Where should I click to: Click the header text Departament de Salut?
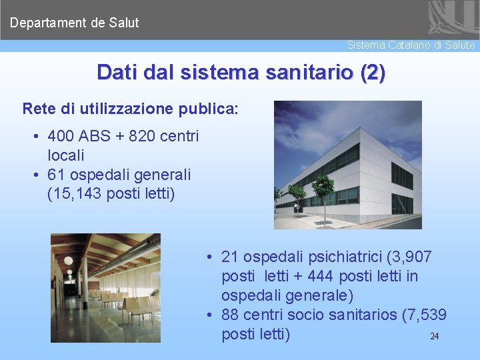coord(74,23)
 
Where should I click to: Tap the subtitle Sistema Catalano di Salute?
coord(411,45)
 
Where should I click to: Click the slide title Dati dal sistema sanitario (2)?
coord(241,72)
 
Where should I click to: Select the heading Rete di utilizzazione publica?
coord(130,109)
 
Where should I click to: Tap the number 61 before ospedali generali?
coord(58,175)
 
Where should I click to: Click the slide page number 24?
coord(434,336)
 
